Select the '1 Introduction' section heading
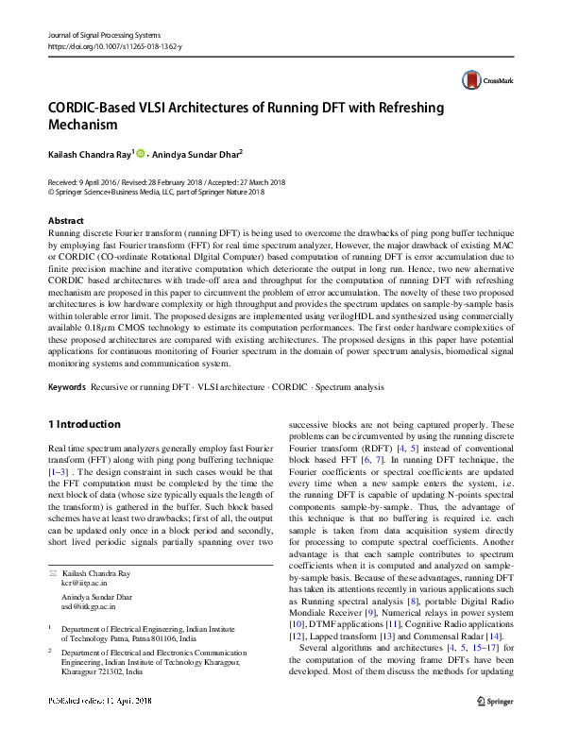click(84, 424)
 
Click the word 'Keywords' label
click(65, 387)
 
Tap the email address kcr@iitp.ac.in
click(81, 585)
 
